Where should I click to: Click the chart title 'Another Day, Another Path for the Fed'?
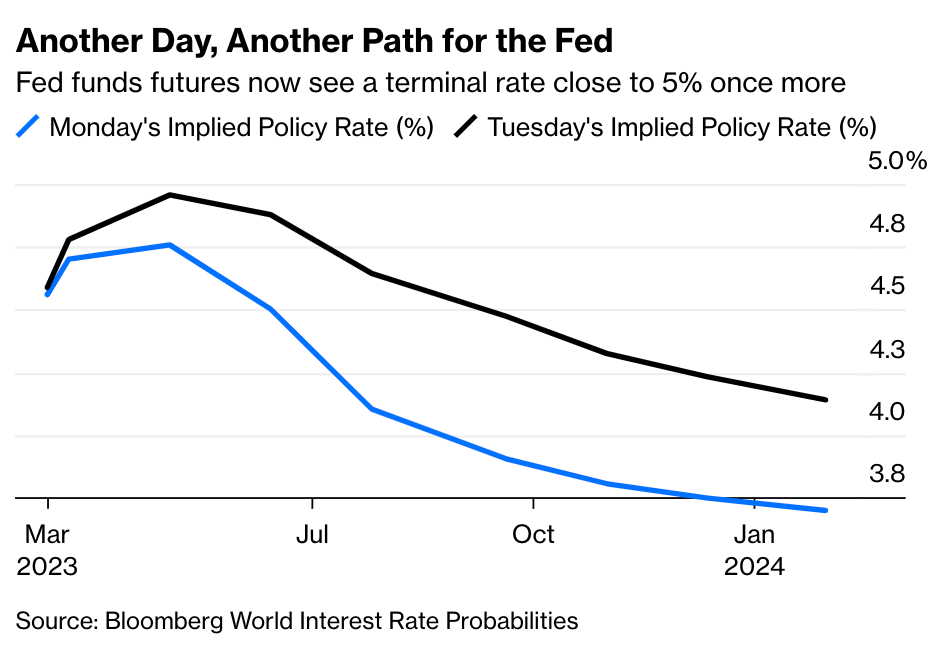[x=314, y=41]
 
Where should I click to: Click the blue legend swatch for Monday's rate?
[x=29, y=127]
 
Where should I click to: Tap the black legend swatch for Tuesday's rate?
[x=466, y=127]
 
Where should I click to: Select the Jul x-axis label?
[x=312, y=534]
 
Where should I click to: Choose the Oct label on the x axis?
[x=533, y=534]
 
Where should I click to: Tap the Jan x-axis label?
[x=754, y=534]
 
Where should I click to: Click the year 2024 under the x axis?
[x=754, y=567]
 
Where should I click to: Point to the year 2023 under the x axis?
[x=47, y=567]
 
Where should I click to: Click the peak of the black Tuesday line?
[x=171, y=195]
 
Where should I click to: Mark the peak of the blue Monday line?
[x=171, y=245]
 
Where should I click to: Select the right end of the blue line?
[x=826, y=510]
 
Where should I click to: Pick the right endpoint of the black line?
[x=826, y=400]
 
